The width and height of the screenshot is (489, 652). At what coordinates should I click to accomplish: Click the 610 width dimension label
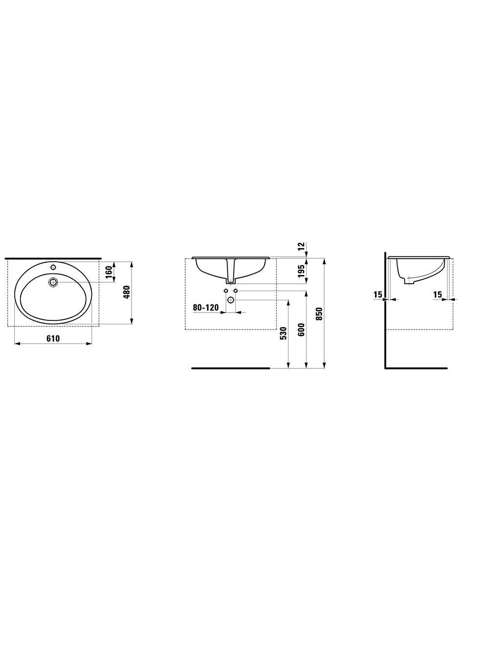tap(53, 338)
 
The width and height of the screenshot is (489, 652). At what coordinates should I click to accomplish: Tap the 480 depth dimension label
tap(127, 292)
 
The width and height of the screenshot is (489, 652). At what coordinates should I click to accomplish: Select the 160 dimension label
tap(109, 272)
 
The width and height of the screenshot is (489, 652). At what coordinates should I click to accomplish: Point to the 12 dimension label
tap(301, 246)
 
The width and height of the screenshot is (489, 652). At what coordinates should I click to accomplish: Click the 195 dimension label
tap(301, 271)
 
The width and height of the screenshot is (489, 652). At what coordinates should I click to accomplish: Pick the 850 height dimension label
tap(319, 314)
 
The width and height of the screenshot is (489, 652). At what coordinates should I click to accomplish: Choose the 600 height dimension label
tap(301, 329)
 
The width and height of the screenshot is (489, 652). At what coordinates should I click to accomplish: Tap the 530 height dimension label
tap(284, 333)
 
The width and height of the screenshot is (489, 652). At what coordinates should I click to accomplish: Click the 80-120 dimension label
tap(206, 307)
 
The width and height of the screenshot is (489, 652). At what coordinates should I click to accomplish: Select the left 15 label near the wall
tap(378, 294)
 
